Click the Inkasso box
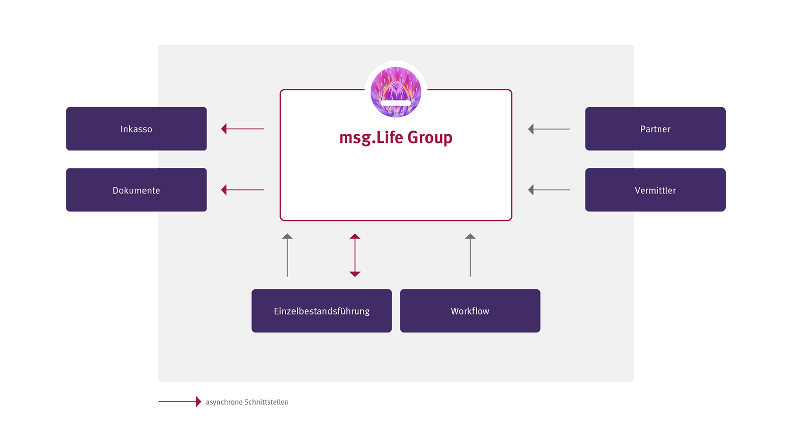136,129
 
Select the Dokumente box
136,190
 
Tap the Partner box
655,129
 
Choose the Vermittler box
655,190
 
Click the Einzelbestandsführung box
321,311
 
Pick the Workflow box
470,311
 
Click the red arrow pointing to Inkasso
243,129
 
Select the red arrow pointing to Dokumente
243,190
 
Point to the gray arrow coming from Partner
549,129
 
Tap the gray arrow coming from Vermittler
549,190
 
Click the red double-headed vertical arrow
355,255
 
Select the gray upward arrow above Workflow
470,255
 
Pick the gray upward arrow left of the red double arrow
287,255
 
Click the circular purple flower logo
395,92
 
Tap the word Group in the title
430,137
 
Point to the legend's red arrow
180,402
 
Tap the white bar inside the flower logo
395,103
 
